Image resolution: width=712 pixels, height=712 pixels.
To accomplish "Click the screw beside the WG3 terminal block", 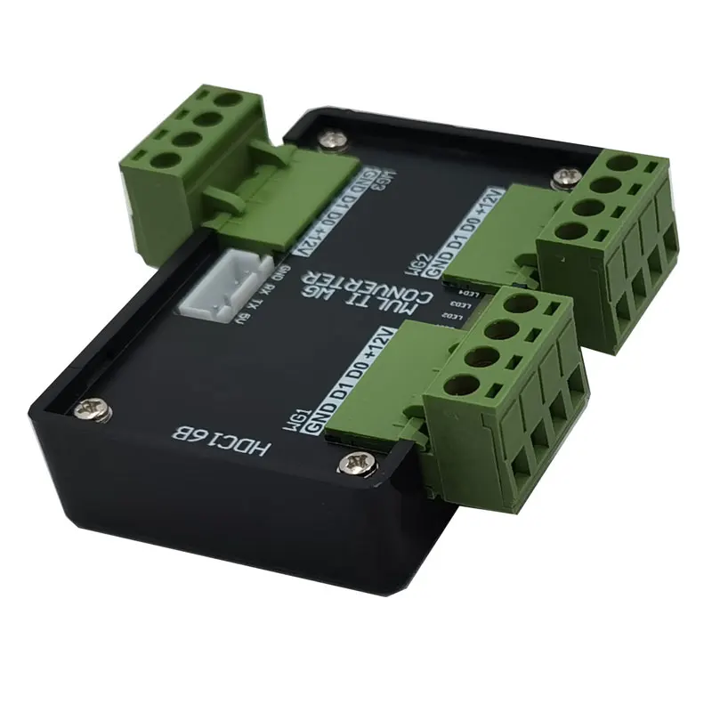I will coord(334,139).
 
